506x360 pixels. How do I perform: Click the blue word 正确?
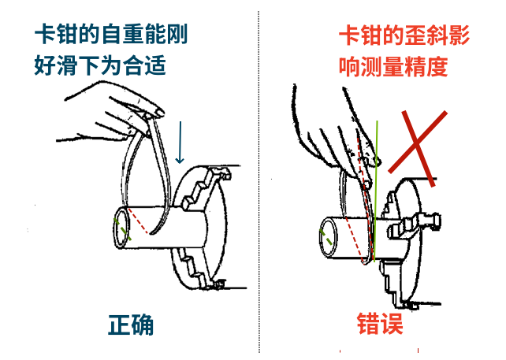[131, 325]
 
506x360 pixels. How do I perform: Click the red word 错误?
[380, 324]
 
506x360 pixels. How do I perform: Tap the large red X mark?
[418, 148]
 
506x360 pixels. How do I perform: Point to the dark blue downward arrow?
[180, 143]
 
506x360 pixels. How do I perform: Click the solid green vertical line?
[376, 191]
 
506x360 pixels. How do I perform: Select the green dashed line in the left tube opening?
[122, 229]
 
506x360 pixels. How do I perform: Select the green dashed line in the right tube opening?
[326, 237]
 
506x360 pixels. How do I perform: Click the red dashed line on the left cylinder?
[138, 221]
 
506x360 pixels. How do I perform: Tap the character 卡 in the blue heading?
[45, 34]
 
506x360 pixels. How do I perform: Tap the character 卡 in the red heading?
[349, 35]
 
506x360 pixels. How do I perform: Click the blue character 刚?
[177, 34]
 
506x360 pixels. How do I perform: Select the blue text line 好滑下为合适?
[100, 65]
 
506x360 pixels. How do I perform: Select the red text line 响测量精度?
[393, 67]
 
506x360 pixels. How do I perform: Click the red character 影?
[459, 35]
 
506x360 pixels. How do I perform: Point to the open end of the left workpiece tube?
[122, 228]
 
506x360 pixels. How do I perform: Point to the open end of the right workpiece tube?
[328, 237]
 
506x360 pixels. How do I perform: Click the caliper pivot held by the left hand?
[147, 116]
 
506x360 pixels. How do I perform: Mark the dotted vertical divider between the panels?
[259, 182]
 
